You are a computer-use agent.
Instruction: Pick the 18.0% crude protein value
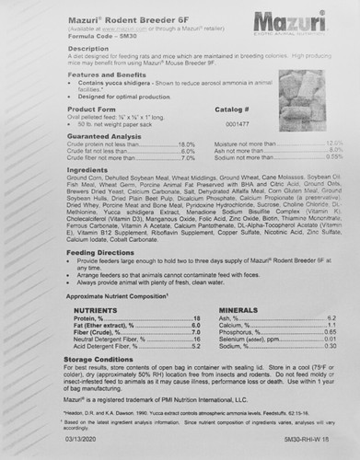tap(186, 144)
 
